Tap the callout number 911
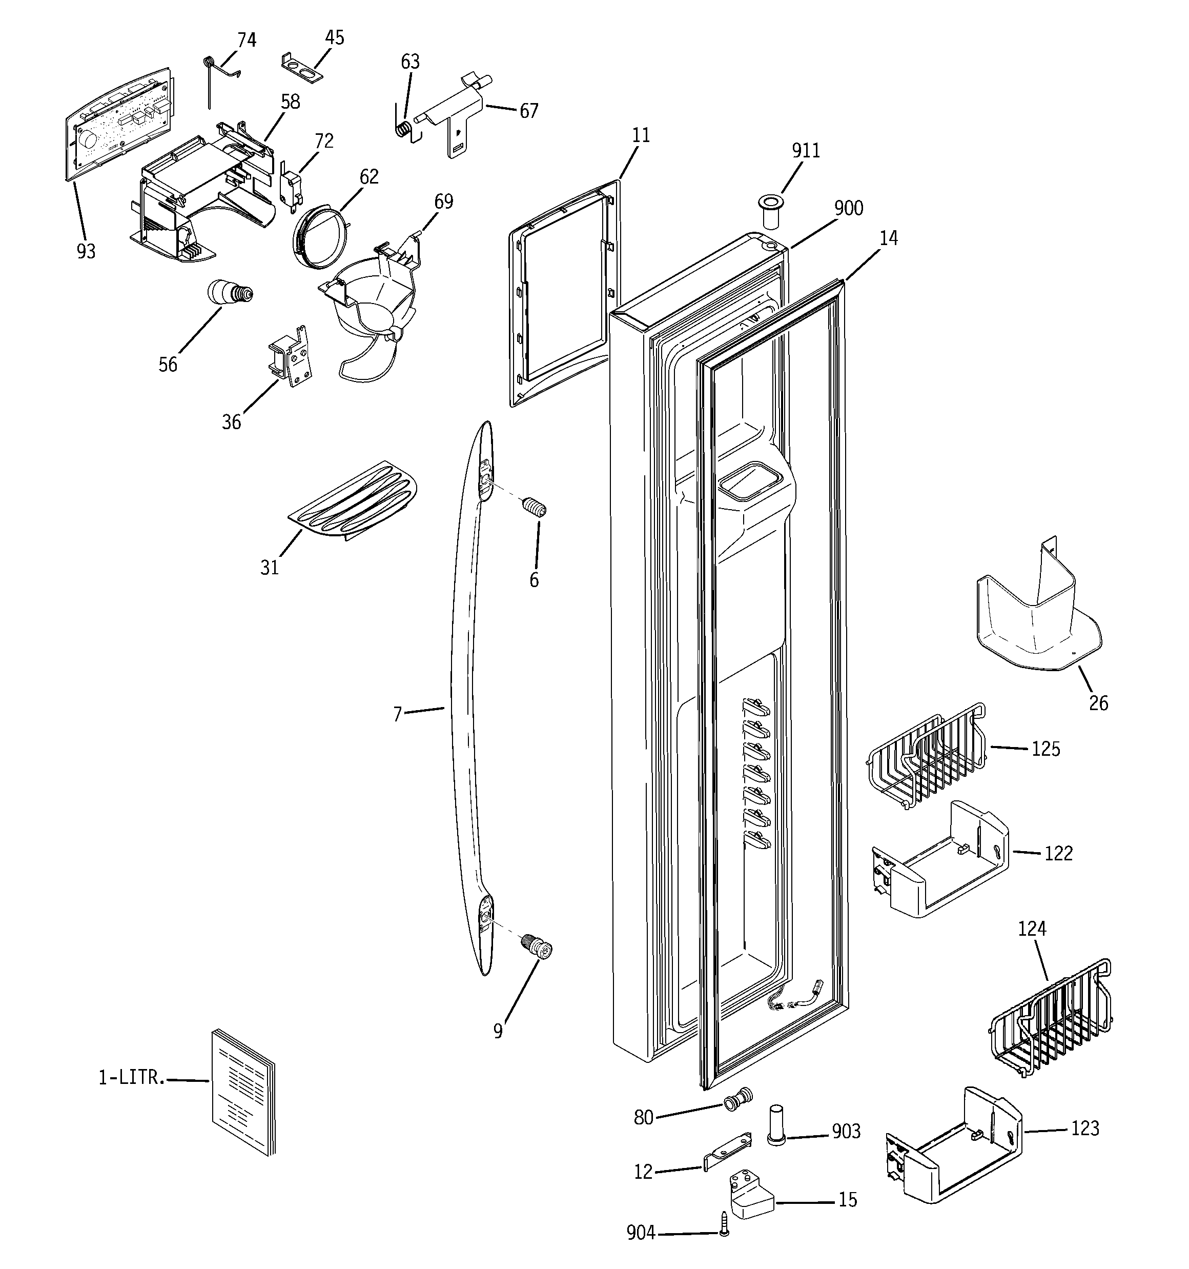(x=806, y=151)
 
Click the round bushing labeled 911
(x=772, y=211)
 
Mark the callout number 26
(x=1098, y=703)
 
